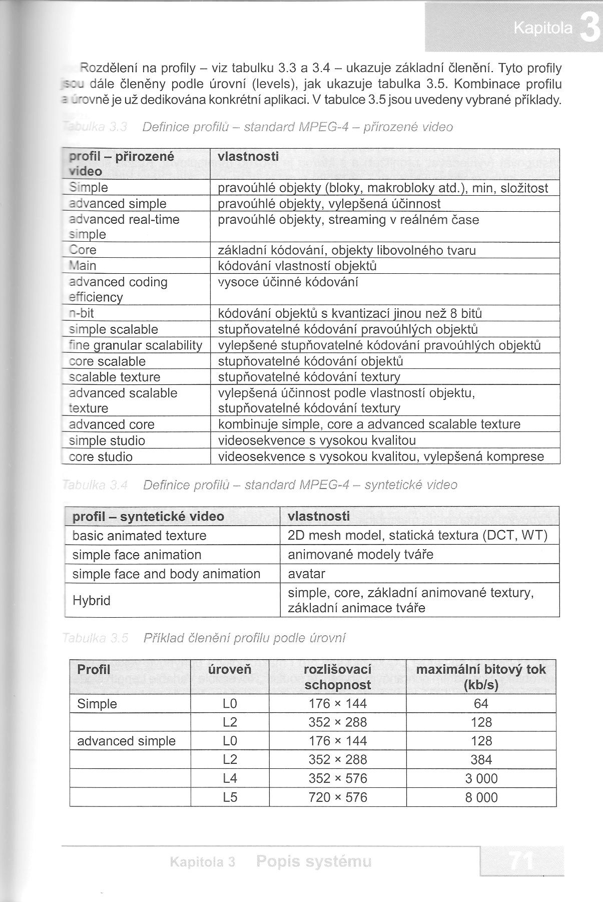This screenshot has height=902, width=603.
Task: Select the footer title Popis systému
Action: point(314,861)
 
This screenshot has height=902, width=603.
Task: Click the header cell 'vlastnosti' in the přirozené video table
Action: point(248,157)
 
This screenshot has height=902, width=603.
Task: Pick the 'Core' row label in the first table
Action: point(83,250)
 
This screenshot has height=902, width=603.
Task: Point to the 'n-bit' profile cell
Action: point(82,313)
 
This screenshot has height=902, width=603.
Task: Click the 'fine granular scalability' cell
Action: point(136,345)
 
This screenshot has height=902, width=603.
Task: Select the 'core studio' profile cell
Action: point(101,457)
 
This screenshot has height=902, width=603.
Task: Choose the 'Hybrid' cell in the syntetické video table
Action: point(92,600)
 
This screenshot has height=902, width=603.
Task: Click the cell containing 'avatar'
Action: point(306,574)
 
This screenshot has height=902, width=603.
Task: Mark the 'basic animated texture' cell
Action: point(139,536)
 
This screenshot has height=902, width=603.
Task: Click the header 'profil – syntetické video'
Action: point(148,516)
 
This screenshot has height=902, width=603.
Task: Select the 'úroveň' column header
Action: point(230,670)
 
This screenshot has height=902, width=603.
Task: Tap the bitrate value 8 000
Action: point(481,797)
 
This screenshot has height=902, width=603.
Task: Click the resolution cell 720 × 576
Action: point(338,797)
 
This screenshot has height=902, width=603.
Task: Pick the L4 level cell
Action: point(230,778)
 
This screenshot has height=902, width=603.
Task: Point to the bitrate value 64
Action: point(481,704)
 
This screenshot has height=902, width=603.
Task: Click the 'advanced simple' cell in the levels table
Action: point(126,741)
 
